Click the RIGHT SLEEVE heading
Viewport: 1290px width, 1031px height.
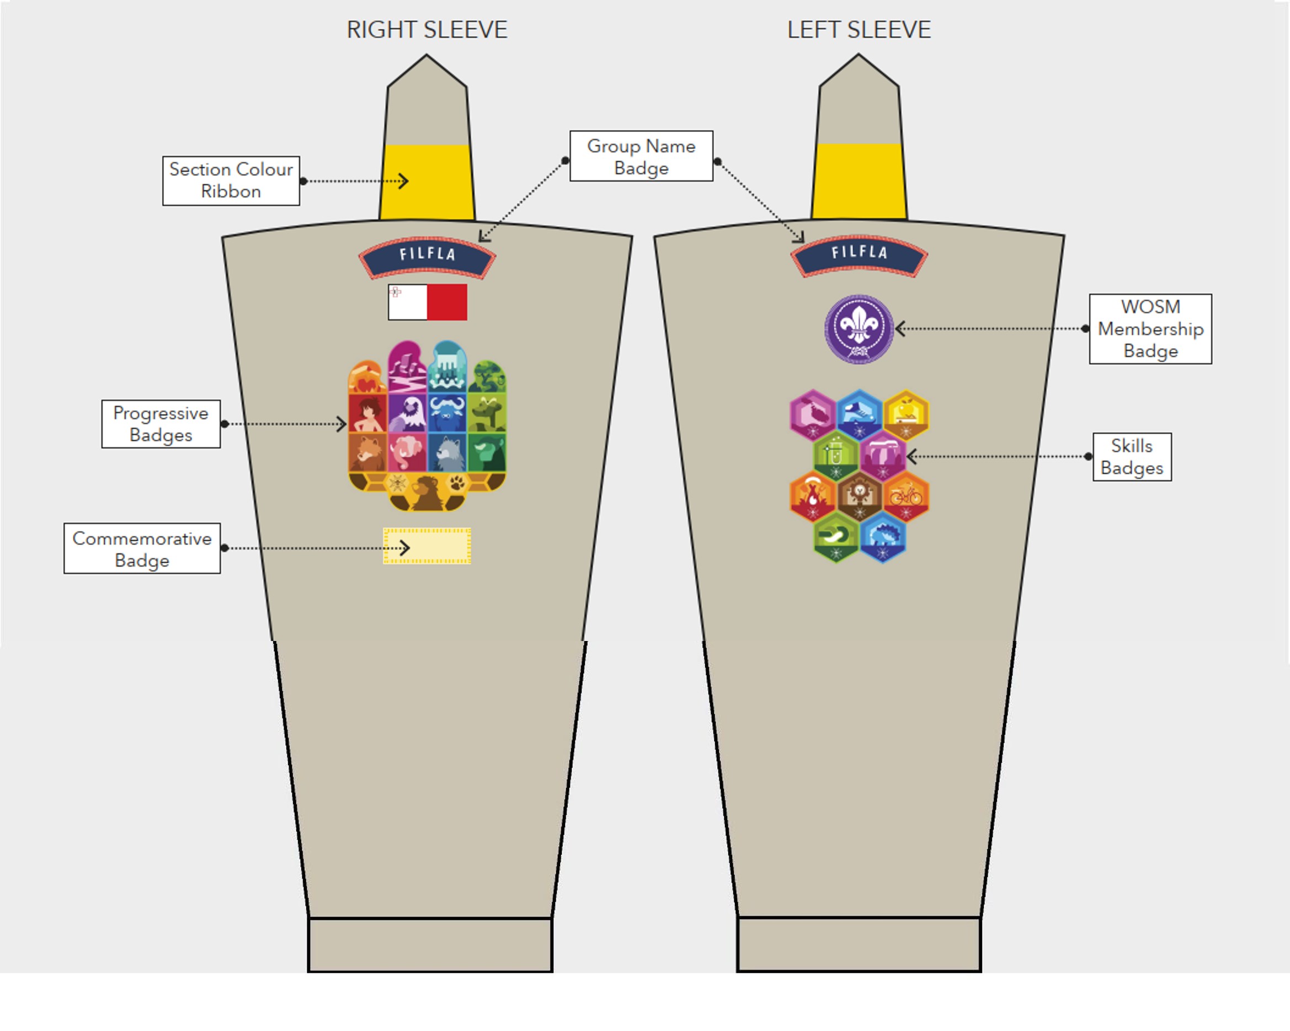(427, 30)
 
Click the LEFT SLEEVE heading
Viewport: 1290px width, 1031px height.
(859, 30)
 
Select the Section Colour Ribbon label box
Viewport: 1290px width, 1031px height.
(231, 180)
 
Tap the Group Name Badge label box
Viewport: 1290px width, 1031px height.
(641, 157)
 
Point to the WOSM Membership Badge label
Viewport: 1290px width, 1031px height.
(1150, 329)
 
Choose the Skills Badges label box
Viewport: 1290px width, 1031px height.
(1132, 457)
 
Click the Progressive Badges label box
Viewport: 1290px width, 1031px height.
(161, 424)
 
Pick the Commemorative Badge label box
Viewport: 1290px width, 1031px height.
(142, 549)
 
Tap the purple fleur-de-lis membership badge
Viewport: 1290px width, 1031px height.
(859, 329)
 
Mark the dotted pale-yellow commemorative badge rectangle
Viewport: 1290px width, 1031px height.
(427, 546)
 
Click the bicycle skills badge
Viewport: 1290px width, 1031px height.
(906, 496)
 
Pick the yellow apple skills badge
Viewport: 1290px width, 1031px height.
(906, 413)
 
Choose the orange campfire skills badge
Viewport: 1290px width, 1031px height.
(812, 496)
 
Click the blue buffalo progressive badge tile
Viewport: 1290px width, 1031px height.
(447, 413)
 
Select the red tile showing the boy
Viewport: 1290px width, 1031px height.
(368, 413)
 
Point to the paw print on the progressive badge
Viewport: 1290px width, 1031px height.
(457, 482)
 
